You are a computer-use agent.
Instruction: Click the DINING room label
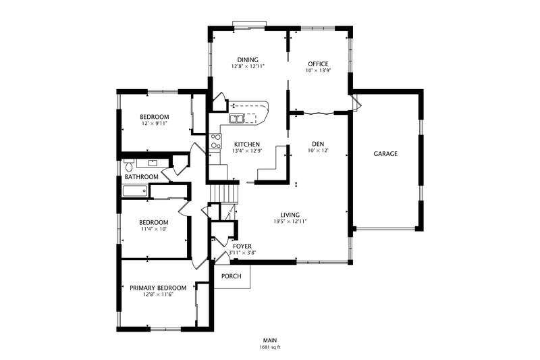click(248, 60)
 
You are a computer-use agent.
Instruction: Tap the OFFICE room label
click(318, 63)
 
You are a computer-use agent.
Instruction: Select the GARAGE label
click(385, 153)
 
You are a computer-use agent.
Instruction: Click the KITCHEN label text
click(247, 145)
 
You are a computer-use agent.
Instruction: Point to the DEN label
click(318, 144)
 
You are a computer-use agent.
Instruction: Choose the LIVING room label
click(290, 215)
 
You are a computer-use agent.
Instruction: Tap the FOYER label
click(242, 247)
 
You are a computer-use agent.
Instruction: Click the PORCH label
click(231, 276)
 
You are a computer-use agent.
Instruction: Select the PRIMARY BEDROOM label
click(158, 288)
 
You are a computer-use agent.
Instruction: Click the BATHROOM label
click(142, 177)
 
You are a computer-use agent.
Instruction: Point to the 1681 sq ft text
click(271, 347)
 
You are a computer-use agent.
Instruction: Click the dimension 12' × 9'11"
click(155, 123)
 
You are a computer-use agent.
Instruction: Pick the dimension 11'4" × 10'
click(154, 229)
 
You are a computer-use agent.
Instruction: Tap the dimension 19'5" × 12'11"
click(290, 222)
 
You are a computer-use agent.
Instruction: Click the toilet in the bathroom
click(129, 165)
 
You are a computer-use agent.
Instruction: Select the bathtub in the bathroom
click(135, 191)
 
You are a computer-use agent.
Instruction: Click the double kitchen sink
click(237, 118)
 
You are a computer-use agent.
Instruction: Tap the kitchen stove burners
click(216, 141)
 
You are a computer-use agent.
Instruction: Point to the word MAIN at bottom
click(271, 340)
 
